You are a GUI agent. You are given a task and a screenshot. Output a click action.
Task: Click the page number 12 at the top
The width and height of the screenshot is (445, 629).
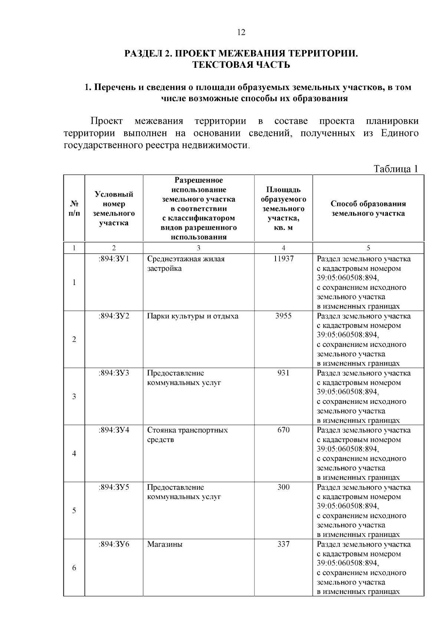(241, 33)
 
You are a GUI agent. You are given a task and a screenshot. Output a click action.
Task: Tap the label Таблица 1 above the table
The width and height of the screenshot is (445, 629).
(396, 169)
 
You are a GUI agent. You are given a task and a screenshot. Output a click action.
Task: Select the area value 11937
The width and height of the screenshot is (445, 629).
(283, 259)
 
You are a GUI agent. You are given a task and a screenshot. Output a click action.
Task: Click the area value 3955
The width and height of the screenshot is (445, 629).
(283, 316)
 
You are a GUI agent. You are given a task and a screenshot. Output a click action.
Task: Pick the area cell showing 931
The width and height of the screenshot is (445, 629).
(283, 373)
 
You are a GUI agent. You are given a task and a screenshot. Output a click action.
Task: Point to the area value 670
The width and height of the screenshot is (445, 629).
(283, 430)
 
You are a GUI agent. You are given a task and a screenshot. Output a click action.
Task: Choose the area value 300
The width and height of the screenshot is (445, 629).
(283, 487)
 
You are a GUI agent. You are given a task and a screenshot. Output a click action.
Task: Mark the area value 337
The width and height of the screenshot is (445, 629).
(283, 544)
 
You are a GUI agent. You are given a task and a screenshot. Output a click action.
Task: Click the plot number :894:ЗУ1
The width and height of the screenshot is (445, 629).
(114, 259)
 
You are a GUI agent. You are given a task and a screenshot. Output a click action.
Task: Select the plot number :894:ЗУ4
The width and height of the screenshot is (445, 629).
(114, 430)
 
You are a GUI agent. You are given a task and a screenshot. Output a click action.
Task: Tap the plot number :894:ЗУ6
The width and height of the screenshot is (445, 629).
(114, 544)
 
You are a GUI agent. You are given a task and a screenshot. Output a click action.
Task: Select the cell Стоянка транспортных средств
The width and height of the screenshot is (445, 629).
(187, 435)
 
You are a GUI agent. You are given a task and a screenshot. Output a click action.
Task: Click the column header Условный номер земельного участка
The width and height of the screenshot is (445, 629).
(114, 209)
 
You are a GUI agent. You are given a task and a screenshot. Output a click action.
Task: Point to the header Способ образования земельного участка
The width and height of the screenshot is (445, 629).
(368, 209)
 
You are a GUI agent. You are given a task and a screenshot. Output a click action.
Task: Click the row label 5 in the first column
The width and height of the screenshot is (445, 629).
(74, 511)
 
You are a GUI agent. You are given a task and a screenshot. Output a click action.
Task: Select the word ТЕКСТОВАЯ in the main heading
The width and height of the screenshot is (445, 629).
(222, 65)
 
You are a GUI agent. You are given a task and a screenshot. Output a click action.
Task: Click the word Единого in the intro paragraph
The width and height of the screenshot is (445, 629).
(400, 133)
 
